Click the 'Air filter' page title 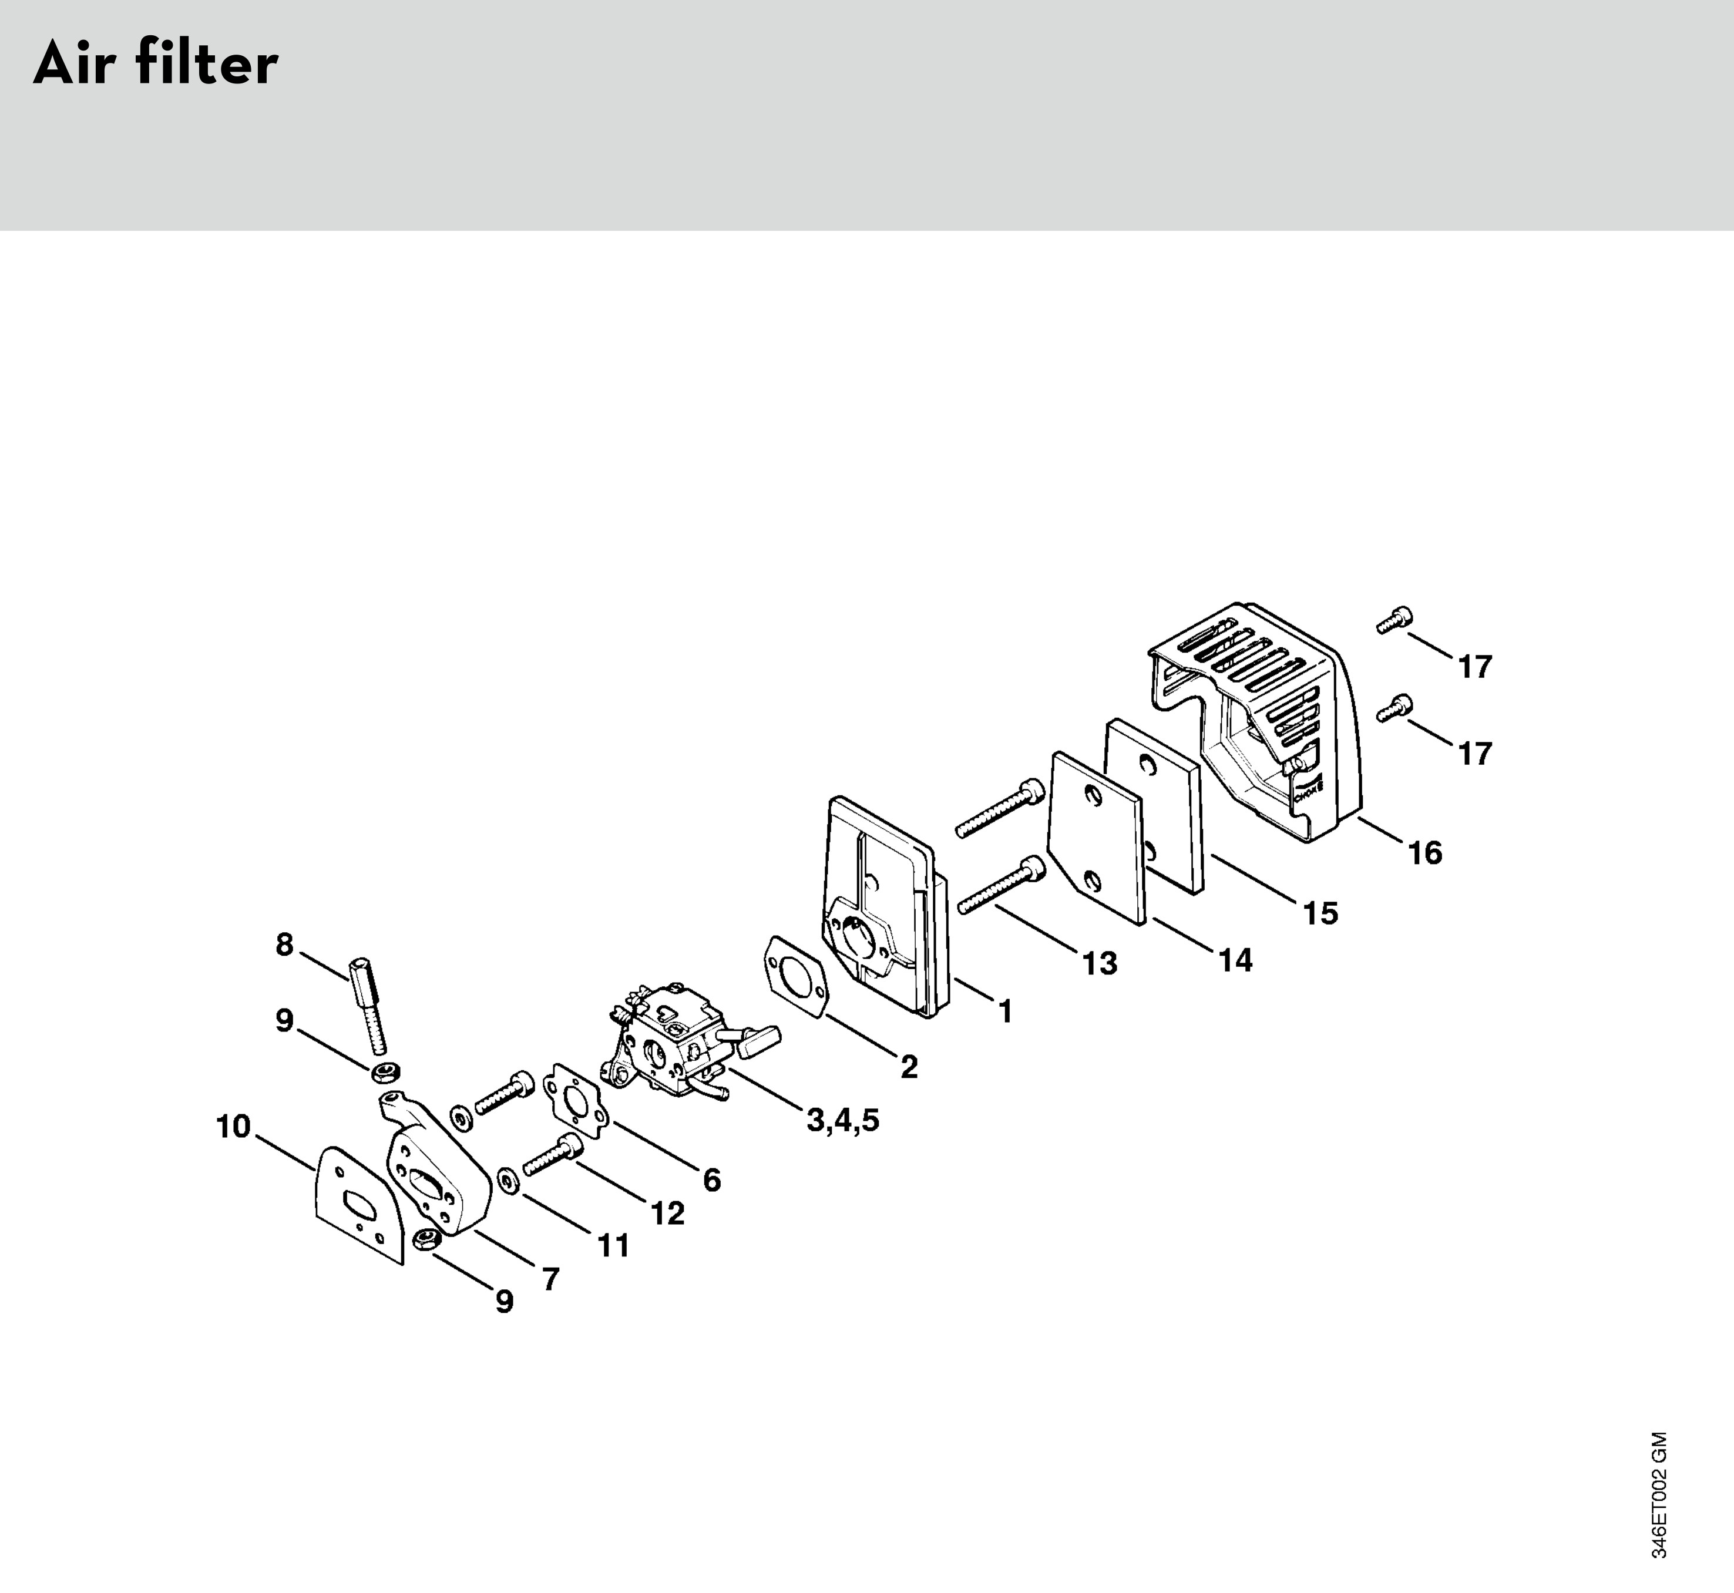tap(156, 65)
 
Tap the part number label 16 tap(1424, 853)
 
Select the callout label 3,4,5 tap(843, 1121)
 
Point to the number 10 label tap(233, 1126)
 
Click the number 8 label tap(284, 945)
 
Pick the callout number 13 tap(1100, 963)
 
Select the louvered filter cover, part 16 tap(1258, 715)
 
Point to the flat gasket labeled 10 tap(355, 1202)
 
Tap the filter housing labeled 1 tap(879, 905)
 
